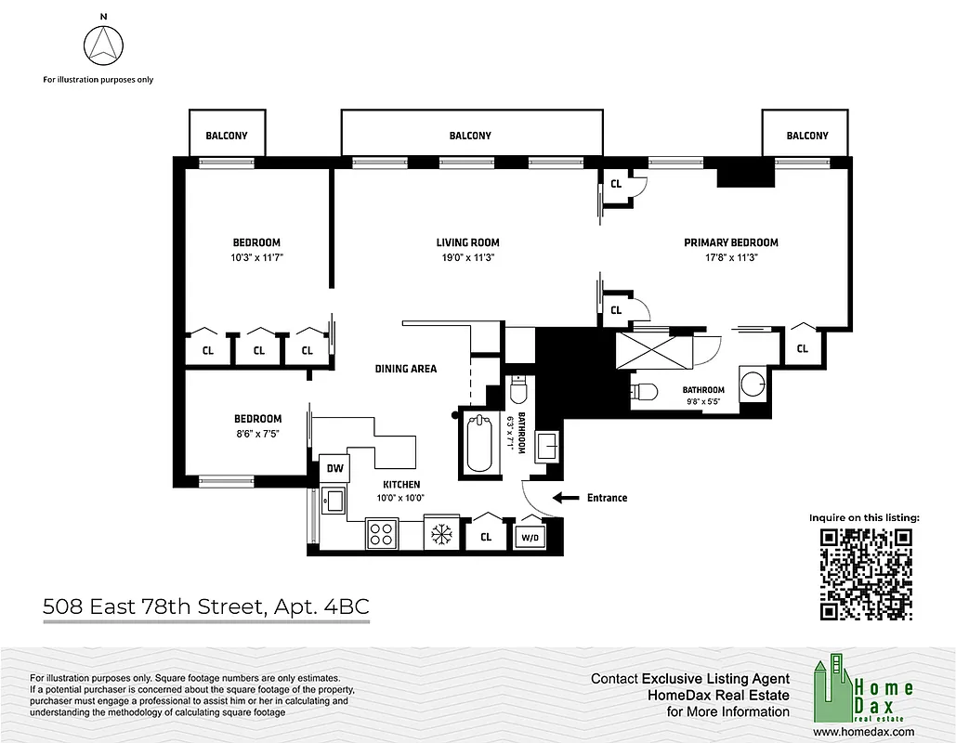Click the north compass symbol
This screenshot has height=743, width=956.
(x=103, y=45)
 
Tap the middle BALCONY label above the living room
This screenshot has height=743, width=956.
(x=470, y=136)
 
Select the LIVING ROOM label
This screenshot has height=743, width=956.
(x=467, y=243)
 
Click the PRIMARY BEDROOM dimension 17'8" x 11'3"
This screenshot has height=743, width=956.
(x=730, y=259)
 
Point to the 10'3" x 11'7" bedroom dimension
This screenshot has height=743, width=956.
(x=256, y=259)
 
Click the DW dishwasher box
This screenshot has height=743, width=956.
(x=334, y=470)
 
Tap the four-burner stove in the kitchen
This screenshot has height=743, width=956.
(x=381, y=533)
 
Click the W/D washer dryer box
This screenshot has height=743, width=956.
(x=528, y=537)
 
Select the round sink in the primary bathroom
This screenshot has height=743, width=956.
(x=753, y=384)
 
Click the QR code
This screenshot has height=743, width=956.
(x=864, y=574)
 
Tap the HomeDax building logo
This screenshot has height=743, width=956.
(x=832, y=687)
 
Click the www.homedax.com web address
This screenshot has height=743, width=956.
(x=864, y=732)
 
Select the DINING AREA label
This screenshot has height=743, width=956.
(x=406, y=369)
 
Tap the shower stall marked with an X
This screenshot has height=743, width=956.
(x=654, y=352)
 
